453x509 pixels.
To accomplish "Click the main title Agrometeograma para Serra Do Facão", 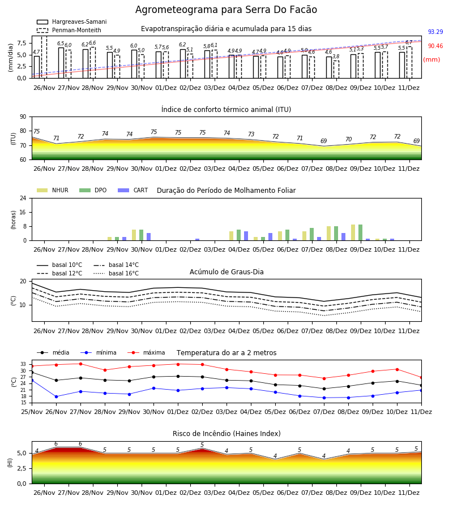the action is click(226, 10).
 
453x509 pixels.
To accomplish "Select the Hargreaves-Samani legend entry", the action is click(72, 21).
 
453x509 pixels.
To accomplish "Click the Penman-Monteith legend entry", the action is click(69, 30).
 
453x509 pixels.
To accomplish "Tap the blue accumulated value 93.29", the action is click(435, 32).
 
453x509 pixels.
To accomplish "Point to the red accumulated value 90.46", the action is click(435, 46).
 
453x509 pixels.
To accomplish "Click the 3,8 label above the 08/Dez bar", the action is click(336, 57).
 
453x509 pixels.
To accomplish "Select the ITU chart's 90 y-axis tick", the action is click(23, 117).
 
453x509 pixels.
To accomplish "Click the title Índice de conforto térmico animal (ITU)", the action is click(226, 109).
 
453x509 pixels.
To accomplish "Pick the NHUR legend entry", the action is click(53, 190).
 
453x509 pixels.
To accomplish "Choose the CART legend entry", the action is click(133, 190).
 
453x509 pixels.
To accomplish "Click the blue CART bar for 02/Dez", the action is click(197, 240).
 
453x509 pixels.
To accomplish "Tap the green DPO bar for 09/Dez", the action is click(360, 232).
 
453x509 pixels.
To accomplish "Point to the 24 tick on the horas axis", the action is click(23, 198).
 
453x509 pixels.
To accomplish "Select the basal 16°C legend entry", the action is click(116, 273).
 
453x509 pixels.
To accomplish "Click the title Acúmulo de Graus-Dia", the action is click(226, 271).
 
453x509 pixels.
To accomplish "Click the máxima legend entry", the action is click(146, 352).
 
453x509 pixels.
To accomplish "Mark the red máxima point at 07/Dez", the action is click(324, 378).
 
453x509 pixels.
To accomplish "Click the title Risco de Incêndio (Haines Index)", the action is click(226, 434).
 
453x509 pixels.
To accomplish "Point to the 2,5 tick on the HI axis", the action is click(22, 468).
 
